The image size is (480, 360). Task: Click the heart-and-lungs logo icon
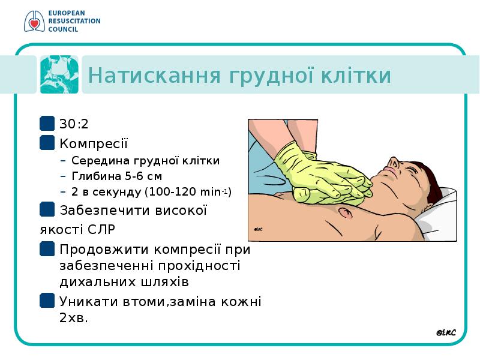(34, 21)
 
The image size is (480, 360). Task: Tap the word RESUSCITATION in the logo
(74, 21)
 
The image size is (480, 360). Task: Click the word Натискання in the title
(154, 76)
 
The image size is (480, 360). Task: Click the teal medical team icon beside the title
(59, 74)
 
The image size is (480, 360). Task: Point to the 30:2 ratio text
(74, 124)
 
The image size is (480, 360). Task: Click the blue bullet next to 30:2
(47, 123)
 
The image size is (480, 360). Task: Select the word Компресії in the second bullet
(94, 143)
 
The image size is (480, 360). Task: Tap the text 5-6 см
(143, 176)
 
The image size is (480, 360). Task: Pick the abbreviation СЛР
(101, 229)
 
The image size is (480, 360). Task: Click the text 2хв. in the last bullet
(74, 318)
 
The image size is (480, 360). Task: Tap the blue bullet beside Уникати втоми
(47, 301)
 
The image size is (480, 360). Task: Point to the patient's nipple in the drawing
(346, 212)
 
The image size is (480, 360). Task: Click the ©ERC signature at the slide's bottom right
(446, 333)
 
